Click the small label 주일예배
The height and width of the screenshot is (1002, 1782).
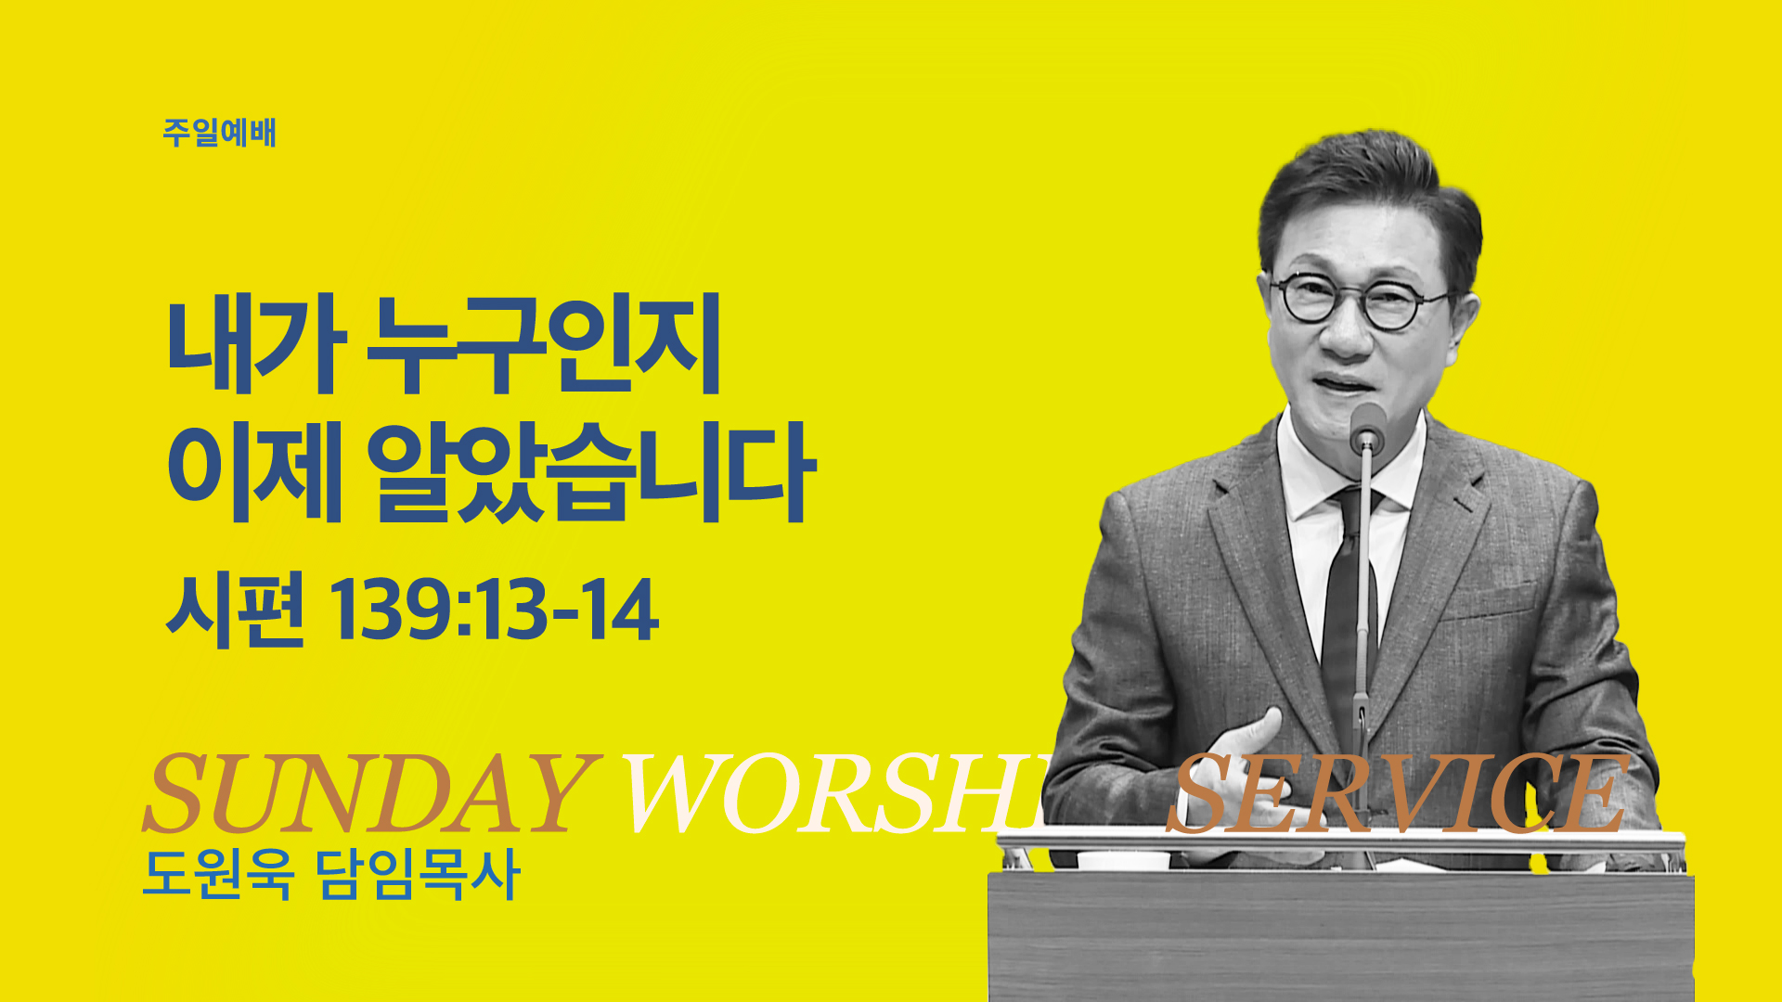220,133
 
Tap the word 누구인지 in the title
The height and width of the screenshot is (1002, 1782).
545,344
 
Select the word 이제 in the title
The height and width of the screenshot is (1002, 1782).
256,471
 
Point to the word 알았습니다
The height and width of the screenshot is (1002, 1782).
592,471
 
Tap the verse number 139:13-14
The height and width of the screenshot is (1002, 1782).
495,610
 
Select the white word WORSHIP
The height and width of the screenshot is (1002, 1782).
835,794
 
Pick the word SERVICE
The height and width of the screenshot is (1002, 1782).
1397,794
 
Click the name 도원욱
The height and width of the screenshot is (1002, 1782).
219,873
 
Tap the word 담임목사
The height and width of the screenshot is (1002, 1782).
419,873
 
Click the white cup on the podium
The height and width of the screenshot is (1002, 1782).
1123,860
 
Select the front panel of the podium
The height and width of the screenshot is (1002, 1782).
1341,937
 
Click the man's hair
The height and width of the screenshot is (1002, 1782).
1369,204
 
